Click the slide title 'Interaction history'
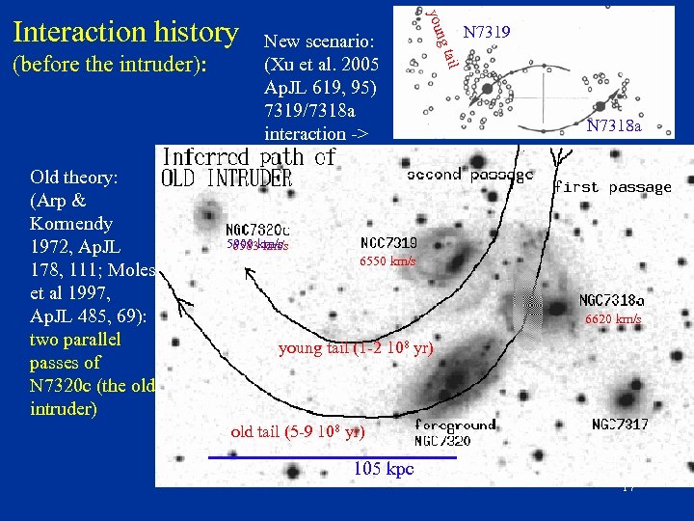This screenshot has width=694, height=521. [125, 32]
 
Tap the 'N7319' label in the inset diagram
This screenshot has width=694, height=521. [487, 33]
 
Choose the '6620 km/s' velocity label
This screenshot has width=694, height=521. [613, 319]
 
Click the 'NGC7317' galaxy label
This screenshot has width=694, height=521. [620, 425]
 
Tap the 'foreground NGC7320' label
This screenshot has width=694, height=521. [456, 432]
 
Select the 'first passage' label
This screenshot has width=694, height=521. [612, 187]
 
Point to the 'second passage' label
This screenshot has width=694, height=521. [469, 176]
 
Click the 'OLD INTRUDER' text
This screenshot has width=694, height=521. [227, 179]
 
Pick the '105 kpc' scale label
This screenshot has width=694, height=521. [383, 469]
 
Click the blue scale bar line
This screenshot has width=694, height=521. [280, 456]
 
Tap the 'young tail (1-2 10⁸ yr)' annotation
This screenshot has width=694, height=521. [356, 348]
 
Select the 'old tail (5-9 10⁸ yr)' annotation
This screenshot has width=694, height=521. [298, 431]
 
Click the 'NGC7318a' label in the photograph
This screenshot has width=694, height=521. [612, 302]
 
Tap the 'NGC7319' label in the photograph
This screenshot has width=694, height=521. [388, 242]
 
